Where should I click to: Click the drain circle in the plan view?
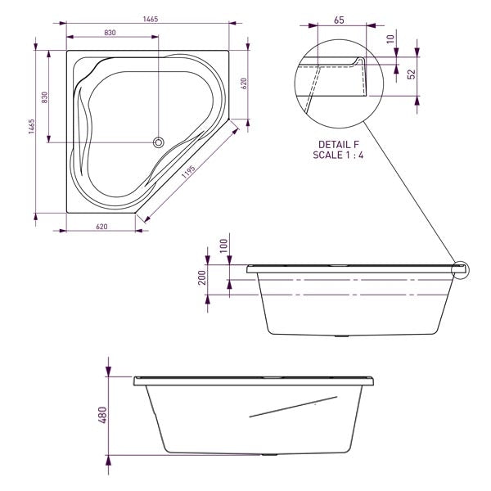[x=159, y=142]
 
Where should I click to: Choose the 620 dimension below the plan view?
[x=102, y=226]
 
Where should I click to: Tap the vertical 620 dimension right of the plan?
[x=243, y=83]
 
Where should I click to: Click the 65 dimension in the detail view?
[x=339, y=20]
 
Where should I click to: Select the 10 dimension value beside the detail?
[x=391, y=38]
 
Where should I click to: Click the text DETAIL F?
[x=337, y=144]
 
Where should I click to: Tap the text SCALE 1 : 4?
[x=337, y=155]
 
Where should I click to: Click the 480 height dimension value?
[x=99, y=417]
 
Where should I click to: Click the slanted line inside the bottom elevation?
[x=293, y=407]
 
